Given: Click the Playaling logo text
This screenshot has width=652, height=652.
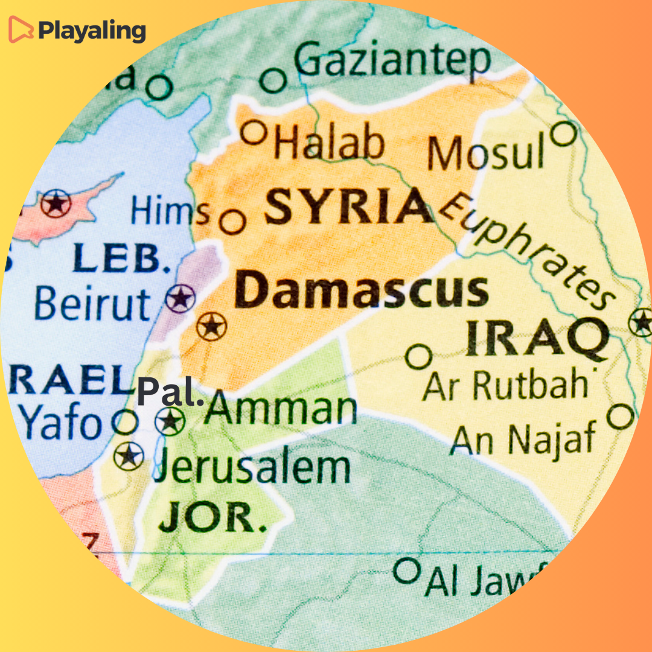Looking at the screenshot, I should (x=92, y=30).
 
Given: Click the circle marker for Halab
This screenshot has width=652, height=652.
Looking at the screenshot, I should (x=254, y=132).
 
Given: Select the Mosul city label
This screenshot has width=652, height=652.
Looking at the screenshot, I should (x=486, y=152).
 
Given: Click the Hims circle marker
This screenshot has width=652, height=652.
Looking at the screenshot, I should (x=232, y=222).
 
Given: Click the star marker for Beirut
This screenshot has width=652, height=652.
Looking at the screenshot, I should (x=181, y=298).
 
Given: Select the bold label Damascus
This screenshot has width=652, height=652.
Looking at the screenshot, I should (x=362, y=291).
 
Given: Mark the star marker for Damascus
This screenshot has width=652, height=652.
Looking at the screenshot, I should (x=211, y=327).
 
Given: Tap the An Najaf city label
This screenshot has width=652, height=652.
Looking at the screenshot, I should (x=523, y=439).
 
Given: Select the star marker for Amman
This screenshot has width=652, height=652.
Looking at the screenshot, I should (x=170, y=420).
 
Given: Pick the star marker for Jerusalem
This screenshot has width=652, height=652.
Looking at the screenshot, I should (x=129, y=456).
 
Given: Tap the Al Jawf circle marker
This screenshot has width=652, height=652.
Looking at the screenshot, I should (x=406, y=569).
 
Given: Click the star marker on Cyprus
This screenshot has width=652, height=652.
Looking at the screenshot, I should (x=56, y=203).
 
